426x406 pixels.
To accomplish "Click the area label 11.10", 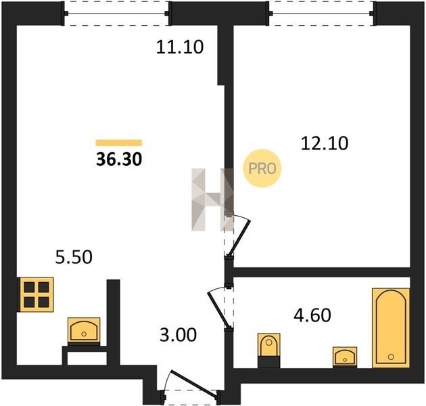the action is [x=180, y=47].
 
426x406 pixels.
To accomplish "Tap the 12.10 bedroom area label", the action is [x=325, y=143].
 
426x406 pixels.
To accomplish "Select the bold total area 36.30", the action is [x=119, y=159].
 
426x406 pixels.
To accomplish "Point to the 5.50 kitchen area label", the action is [x=74, y=257].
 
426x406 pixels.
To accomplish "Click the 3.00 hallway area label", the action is [x=179, y=335].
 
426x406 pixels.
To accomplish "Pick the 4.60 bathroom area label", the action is [x=312, y=315].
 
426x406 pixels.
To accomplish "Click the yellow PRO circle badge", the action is [x=262, y=168].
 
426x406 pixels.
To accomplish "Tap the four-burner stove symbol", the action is [x=36, y=294].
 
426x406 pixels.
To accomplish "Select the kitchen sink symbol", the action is [x=84, y=330].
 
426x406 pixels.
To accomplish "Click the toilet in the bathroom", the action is [x=269, y=350].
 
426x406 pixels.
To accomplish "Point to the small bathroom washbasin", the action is [x=345, y=357].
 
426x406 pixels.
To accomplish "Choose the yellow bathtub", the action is [x=391, y=328].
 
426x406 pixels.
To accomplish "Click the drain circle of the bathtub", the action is [x=391, y=357].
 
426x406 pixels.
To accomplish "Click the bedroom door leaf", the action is [x=239, y=238].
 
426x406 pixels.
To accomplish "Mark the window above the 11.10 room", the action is [x=116, y=14].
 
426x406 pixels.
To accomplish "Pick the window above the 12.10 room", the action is [x=322, y=14].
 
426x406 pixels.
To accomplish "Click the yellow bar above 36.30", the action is [x=119, y=143].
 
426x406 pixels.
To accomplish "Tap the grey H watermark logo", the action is [x=213, y=200].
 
